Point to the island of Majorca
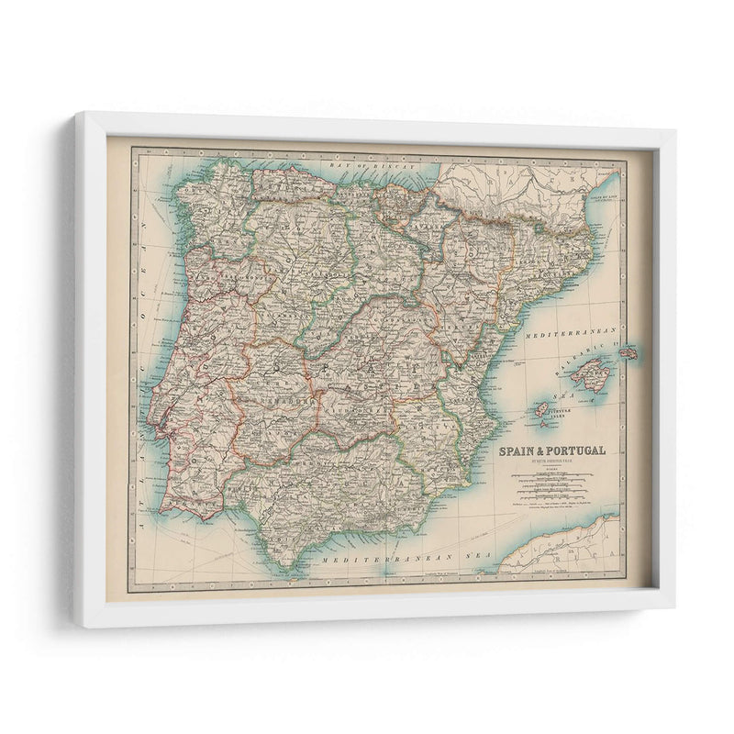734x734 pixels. [x=592, y=375]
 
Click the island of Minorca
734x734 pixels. [x=628, y=352]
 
